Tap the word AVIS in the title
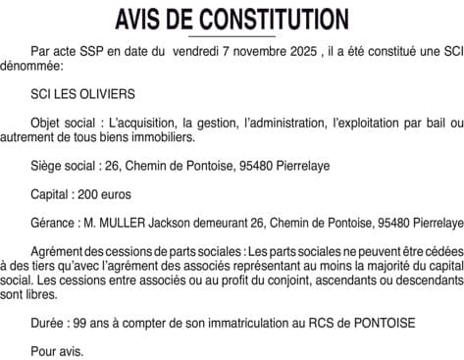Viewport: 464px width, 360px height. [140, 19]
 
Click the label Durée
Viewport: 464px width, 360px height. [50, 322]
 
